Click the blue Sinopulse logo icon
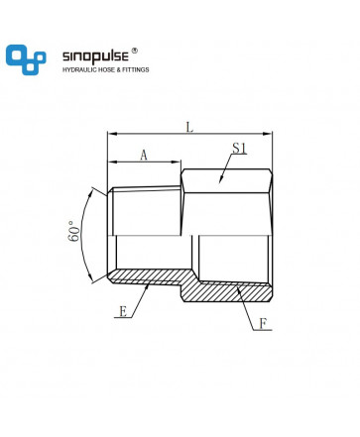[x=26, y=59]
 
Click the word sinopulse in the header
[x=95, y=56]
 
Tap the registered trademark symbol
[x=134, y=51]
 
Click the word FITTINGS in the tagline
[x=136, y=69]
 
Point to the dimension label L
[x=189, y=127]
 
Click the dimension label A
[x=144, y=155]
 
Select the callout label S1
[x=239, y=149]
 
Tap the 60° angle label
[x=75, y=231]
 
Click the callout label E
[x=123, y=311]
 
